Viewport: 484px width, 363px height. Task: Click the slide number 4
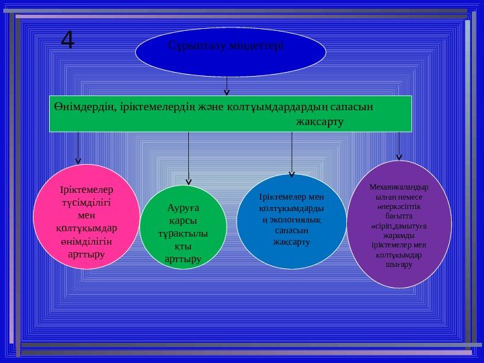pyautogui.click(x=67, y=41)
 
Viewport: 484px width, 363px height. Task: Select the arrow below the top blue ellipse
pyautogui.click(x=227, y=85)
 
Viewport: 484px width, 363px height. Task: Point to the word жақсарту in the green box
pyautogui.click(x=319, y=122)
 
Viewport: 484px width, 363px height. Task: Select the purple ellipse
pyautogui.click(x=399, y=219)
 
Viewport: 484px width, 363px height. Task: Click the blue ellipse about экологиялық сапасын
pyautogui.click(x=292, y=217)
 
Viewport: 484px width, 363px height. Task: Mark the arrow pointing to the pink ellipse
pyautogui.click(x=79, y=148)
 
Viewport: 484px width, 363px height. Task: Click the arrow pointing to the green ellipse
pyautogui.click(x=189, y=159)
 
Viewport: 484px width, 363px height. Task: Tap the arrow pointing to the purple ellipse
pyautogui.click(x=399, y=146)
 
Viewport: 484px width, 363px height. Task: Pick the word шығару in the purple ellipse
pyautogui.click(x=399, y=265)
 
